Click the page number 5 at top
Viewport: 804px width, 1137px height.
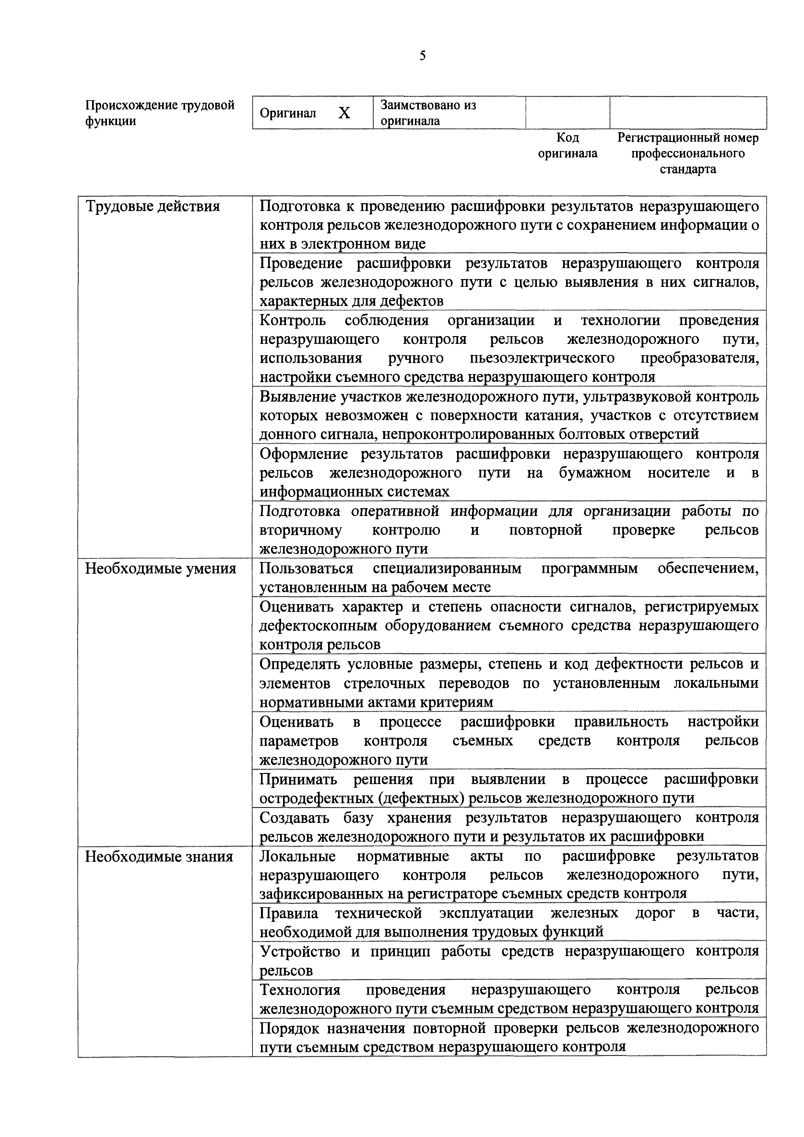[422, 56]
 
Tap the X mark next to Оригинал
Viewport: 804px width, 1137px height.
[344, 113]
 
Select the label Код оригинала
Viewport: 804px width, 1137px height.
[568, 146]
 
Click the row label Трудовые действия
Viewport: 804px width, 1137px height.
[153, 206]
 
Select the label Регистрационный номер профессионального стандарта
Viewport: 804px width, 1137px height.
[688, 153]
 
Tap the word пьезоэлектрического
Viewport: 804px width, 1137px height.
[542, 358]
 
